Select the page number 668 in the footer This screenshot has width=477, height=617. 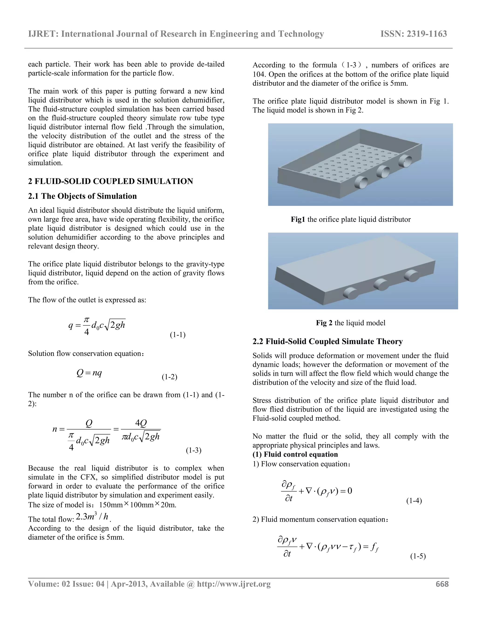coord(442,584)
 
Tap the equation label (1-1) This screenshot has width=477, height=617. coord(177,335)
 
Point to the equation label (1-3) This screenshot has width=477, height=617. coord(194,450)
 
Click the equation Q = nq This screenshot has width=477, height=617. coord(89,373)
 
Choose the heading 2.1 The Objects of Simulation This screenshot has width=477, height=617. coord(82,196)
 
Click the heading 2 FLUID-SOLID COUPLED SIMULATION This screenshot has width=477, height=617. coord(110,181)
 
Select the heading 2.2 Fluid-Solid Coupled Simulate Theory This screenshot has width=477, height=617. coord(327,341)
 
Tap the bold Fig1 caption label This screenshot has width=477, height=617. coord(298,220)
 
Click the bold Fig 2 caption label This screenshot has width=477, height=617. coord(324,323)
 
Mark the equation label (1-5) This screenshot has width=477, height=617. coord(418,556)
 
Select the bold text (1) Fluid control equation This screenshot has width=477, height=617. coord(295,454)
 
